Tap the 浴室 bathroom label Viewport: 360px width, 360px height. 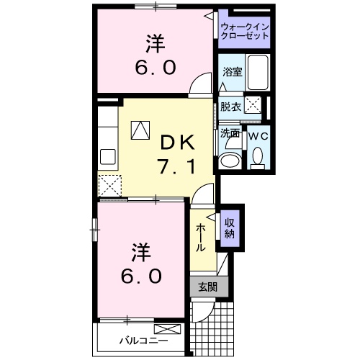click(x=231, y=73)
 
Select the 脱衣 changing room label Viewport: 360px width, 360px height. click(x=230, y=107)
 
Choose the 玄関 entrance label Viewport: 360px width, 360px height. click(x=207, y=286)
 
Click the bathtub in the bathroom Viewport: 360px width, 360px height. click(x=257, y=76)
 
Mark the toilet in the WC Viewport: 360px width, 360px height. click(x=257, y=156)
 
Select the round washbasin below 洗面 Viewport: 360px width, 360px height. click(x=230, y=160)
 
